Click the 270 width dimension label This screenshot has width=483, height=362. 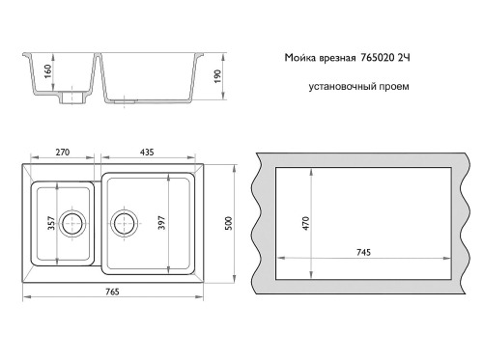pyautogui.click(x=63, y=153)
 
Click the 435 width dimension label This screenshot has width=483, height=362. pyautogui.click(x=147, y=153)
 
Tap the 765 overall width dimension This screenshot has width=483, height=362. pyautogui.click(x=112, y=292)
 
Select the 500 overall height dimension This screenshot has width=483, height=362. pyautogui.click(x=228, y=223)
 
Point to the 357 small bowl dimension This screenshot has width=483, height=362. pyautogui.click(x=51, y=223)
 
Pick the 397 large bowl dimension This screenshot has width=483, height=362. pyautogui.click(x=161, y=222)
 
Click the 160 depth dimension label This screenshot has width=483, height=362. pyautogui.click(x=47, y=71)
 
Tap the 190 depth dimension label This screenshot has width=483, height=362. pyautogui.click(x=217, y=76)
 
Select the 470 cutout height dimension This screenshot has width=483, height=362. pyautogui.click(x=305, y=223)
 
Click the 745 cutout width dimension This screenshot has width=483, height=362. pyautogui.click(x=363, y=253)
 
